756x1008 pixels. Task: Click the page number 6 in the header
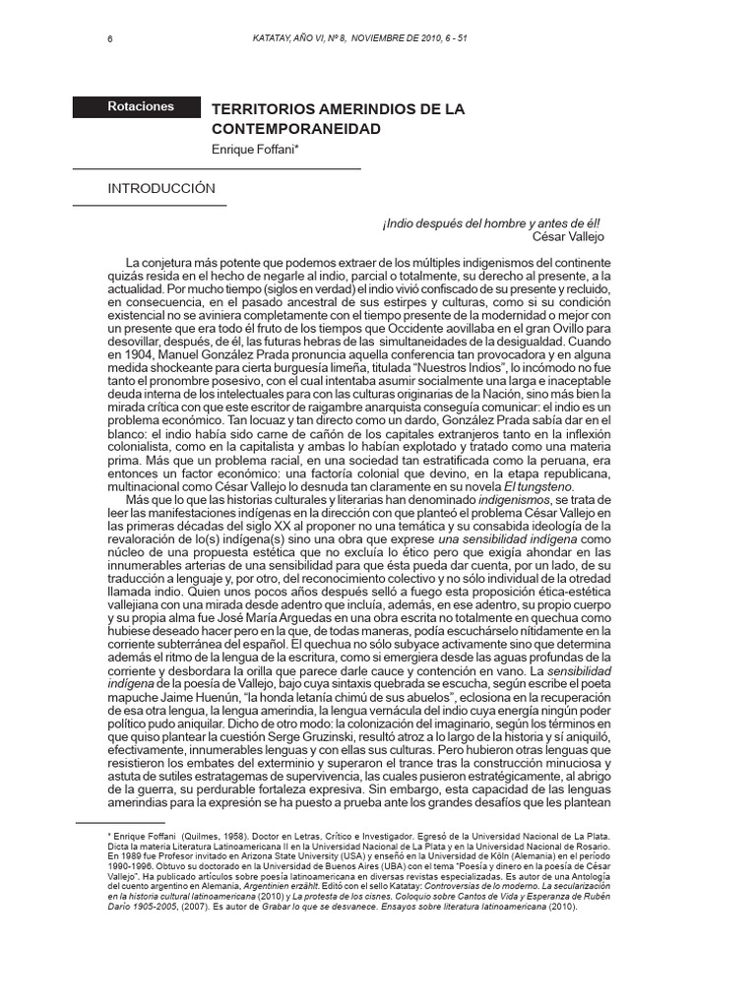click(x=110, y=39)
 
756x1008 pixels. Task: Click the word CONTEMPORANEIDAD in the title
click(x=296, y=129)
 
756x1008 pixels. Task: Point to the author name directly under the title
click(x=255, y=150)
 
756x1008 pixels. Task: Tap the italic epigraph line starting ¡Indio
click(x=491, y=223)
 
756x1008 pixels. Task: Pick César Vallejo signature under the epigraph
click(x=568, y=237)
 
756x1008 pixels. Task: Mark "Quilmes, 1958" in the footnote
click(x=194, y=835)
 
